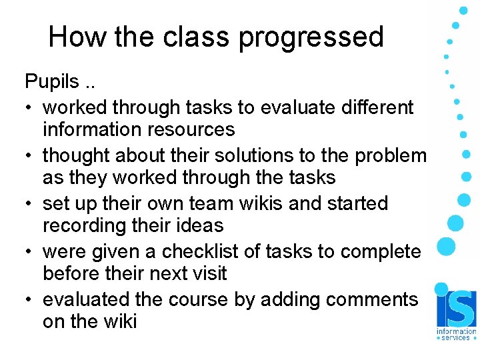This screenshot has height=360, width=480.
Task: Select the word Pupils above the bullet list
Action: (52, 82)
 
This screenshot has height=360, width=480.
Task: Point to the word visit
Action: (208, 273)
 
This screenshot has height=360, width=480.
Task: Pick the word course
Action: (198, 299)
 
